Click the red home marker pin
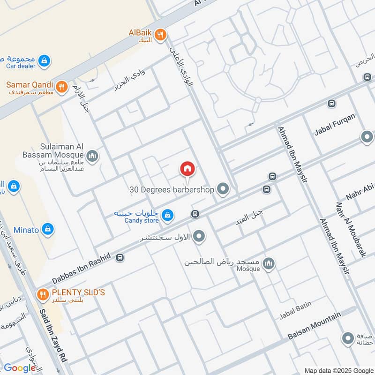187,169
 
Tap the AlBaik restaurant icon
160,34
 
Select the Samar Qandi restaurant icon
61,87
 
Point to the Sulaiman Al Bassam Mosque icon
92,155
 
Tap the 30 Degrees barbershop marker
223,189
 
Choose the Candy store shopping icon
167,216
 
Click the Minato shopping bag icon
47,229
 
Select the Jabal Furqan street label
335,124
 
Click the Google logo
20,368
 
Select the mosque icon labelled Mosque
268,264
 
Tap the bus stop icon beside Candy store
195,214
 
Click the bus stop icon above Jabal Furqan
331,104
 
